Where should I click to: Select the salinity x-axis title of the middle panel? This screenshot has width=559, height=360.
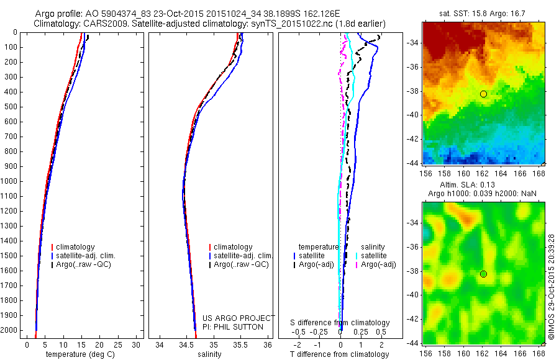209,354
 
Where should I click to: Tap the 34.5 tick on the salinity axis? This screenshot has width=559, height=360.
186,344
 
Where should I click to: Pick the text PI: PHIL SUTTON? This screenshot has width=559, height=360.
233,326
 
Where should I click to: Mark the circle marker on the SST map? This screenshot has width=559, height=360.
483,94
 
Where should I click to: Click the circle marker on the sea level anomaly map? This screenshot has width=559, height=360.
483,274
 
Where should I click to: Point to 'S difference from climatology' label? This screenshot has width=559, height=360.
340,323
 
